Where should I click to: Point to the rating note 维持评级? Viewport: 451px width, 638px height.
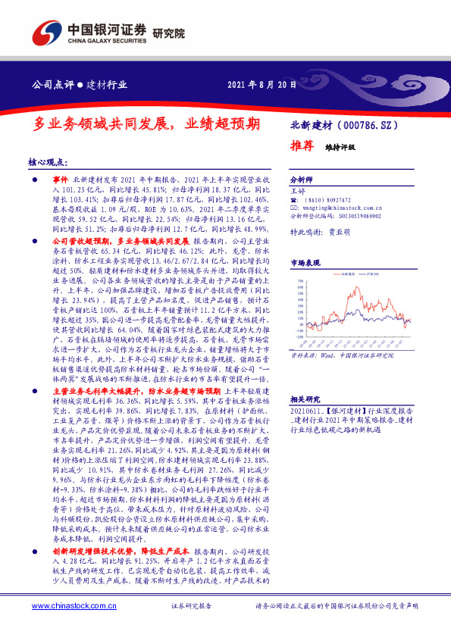tap(340, 147)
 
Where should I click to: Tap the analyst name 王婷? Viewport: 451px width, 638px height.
tap(297, 193)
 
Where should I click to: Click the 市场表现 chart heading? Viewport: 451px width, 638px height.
tap(305, 262)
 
